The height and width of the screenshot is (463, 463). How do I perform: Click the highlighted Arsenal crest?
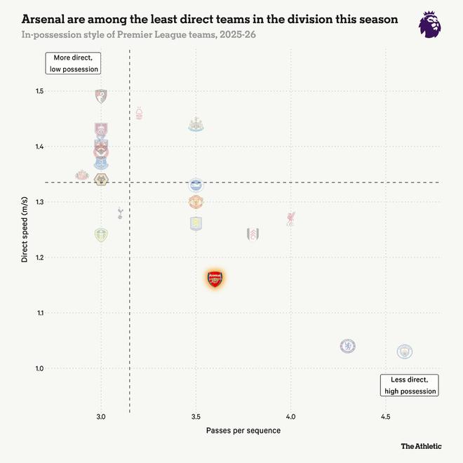215,279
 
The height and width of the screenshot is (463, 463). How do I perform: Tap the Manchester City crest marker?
404,351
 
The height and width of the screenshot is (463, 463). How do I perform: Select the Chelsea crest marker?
347,346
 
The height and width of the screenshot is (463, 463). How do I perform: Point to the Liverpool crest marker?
290,218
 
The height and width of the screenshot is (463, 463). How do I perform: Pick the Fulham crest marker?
253,234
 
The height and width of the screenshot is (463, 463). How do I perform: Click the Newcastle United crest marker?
196,124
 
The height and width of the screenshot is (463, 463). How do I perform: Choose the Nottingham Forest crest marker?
139,113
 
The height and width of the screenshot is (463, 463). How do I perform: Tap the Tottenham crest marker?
120,212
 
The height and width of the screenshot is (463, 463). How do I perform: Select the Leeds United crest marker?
101,234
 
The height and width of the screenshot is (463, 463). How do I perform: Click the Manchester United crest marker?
196,203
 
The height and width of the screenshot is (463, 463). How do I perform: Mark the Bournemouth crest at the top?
101,95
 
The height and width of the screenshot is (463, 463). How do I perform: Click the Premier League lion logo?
430,25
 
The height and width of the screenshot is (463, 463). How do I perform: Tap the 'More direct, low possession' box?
74,63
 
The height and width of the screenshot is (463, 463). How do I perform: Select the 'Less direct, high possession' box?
410,385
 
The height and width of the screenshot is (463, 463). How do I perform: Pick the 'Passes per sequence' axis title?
243,430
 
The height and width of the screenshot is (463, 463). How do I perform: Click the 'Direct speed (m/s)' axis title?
25,229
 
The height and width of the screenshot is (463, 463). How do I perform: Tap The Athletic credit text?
421,445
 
